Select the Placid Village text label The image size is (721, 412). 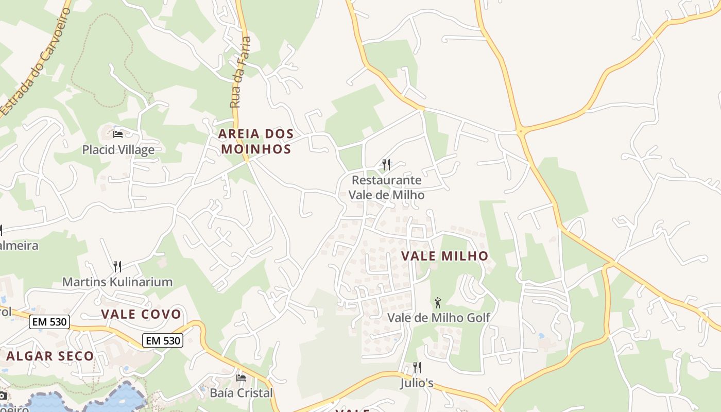[118, 150]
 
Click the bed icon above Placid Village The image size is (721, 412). [118, 134]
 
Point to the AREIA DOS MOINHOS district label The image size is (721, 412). [256, 142]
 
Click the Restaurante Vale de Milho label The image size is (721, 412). [386, 187]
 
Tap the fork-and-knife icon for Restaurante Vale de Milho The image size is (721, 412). [386, 165]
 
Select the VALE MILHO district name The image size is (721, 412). [444, 256]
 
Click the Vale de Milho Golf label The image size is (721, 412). [438, 317]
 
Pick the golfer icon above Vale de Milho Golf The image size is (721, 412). [438, 302]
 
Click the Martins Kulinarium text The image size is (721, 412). [117, 282]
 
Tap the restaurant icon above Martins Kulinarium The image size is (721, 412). [117, 266]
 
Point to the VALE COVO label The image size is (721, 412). [141, 314]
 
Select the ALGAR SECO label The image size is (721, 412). [50, 356]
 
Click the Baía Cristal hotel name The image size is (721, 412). [241, 393]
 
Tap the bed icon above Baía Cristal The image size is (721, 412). [241, 377]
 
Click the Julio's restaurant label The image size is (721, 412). [417, 383]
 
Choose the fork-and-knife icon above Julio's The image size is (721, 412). [417, 368]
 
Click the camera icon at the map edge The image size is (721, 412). [2, 396]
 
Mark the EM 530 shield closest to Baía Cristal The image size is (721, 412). [163, 340]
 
